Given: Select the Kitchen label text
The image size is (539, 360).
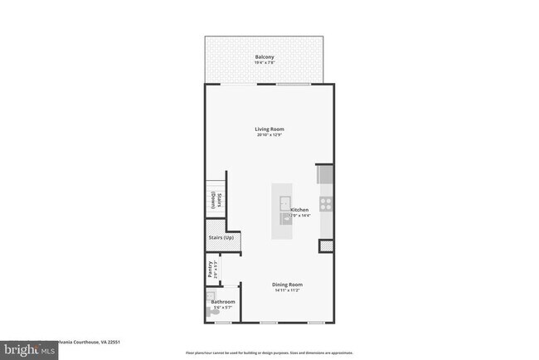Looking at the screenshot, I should click(300, 211).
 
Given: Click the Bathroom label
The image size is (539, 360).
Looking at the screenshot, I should click(223, 302).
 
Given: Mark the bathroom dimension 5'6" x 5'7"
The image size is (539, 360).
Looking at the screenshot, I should click(223, 308).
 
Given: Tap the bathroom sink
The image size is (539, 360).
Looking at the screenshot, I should click(210, 295).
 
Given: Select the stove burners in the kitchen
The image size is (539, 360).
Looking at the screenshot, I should click(326, 203).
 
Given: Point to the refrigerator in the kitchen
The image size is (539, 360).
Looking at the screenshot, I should click(325, 174).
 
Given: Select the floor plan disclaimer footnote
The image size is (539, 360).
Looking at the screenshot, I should click(269, 353).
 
